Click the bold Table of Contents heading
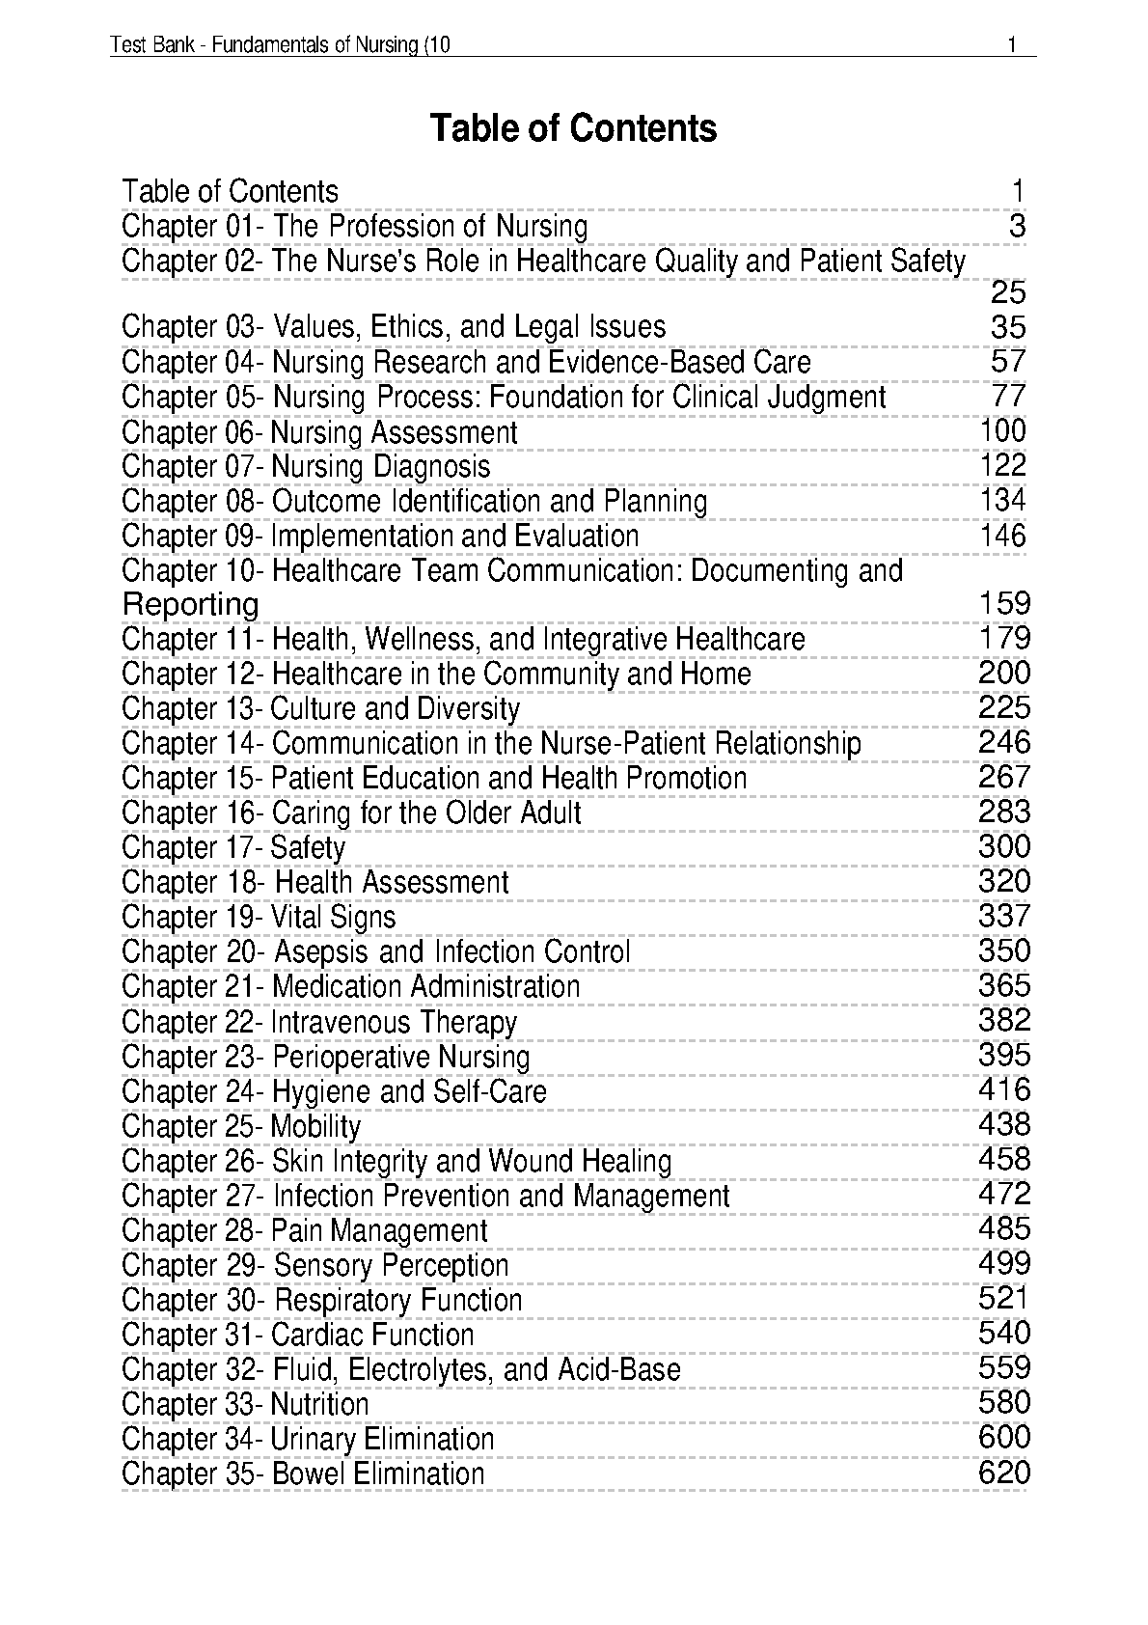click(573, 128)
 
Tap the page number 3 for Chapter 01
click(1017, 227)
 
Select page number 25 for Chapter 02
click(1008, 293)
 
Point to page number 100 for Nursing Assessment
click(1003, 431)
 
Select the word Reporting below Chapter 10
click(190, 605)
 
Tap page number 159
click(1004, 604)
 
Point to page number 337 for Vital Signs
click(1004, 916)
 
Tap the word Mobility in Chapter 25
click(315, 1126)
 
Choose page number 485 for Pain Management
click(1004, 1228)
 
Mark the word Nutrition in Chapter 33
click(319, 1405)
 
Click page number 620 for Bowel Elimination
click(1004, 1473)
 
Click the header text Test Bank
click(148, 45)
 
